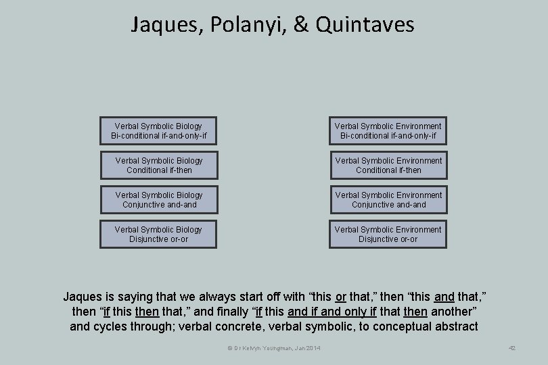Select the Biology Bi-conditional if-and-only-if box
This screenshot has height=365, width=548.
click(x=159, y=131)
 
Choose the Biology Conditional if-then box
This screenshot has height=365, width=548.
click(x=159, y=166)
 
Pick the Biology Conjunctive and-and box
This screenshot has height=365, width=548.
click(x=159, y=200)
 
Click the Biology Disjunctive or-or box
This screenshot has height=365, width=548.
click(x=159, y=235)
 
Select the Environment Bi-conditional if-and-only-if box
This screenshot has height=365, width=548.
click(x=388, y=131)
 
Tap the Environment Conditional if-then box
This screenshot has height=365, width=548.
click(x=388, y=166)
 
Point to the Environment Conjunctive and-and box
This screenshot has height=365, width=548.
click(x=388, y=200)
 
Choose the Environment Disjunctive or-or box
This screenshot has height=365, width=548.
click(x=388, y=235)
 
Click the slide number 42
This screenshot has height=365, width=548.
click(x=512, y=347)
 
